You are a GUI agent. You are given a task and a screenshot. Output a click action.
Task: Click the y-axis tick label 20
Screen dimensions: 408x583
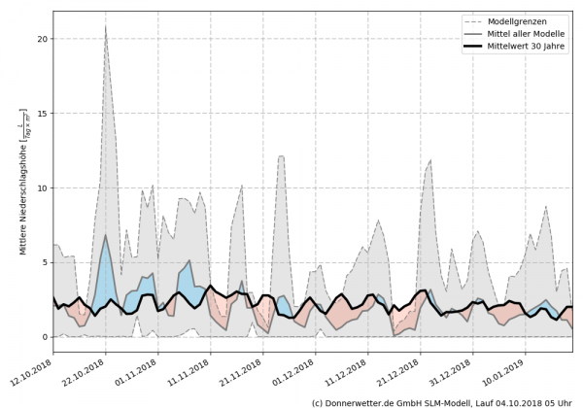coord(41,39)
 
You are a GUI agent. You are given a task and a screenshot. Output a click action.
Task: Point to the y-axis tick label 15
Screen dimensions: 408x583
coord(41,114)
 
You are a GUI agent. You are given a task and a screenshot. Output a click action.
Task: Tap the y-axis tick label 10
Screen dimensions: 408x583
coord(41,187)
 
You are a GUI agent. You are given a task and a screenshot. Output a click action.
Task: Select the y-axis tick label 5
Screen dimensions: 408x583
coord(44,262)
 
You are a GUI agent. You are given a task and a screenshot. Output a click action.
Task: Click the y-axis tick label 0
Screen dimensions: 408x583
coord(44,337)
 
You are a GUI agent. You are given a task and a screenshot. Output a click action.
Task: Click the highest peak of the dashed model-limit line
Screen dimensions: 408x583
coord(106,26)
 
